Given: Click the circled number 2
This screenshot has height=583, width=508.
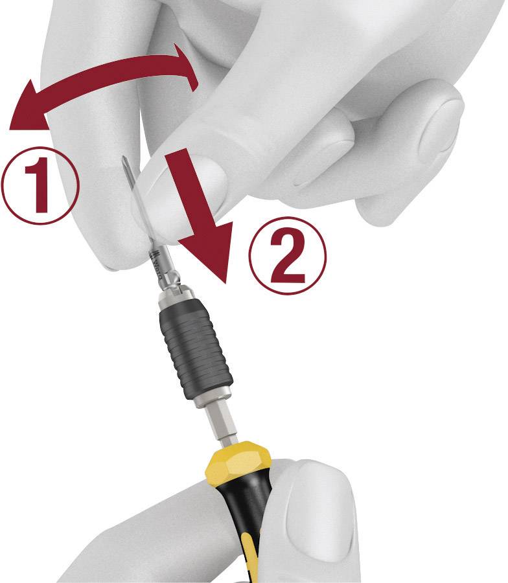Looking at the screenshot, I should coord(288,254).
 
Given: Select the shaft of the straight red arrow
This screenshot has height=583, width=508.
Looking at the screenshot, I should coord(188,194).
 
